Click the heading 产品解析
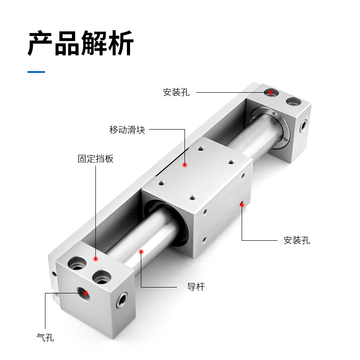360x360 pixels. [x=81, y=44]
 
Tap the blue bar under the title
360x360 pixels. [x=36, y=72]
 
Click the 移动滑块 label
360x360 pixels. [x=127, y=130]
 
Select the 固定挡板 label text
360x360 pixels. [x=95, y=159]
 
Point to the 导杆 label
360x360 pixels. [x=196, y=287]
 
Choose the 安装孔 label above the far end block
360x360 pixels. [x=176, y=93]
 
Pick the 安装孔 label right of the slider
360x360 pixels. [x=297, y=240]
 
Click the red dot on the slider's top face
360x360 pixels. [x=184, y=165]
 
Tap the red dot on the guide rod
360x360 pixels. [x=141, y=252]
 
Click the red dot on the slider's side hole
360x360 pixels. [x=242, y=205]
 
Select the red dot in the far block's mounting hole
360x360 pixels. [x=271, y=92]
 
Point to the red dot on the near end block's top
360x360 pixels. [x=95, y=259]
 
